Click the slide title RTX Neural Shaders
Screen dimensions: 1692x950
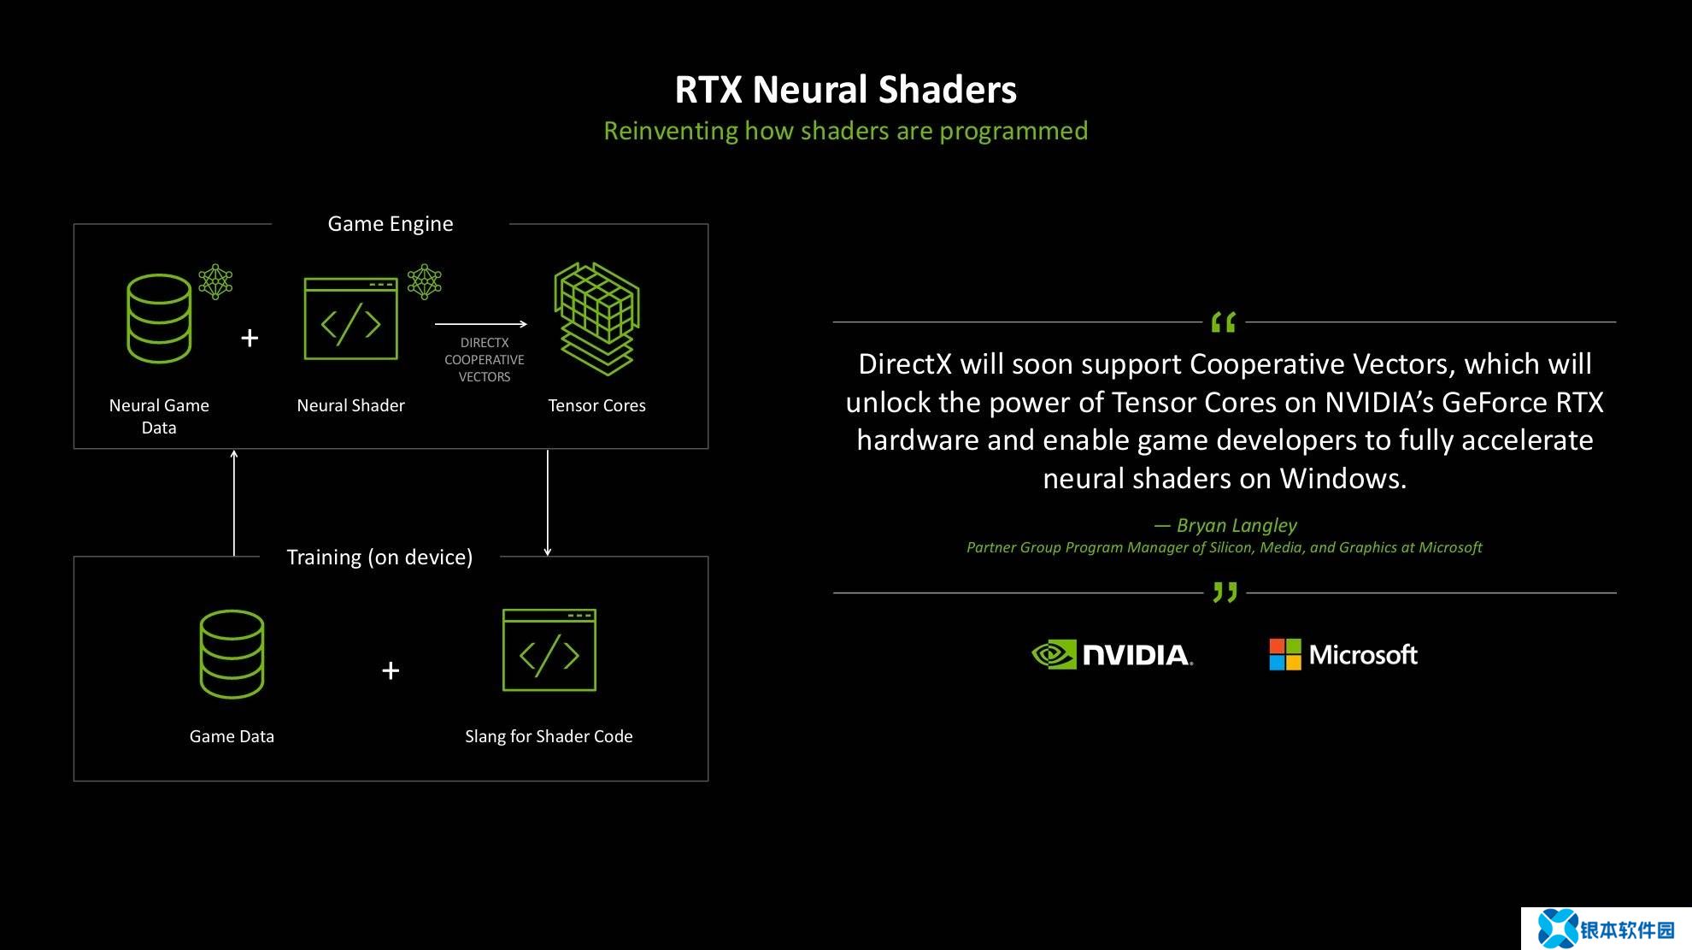click(x=846, y=90)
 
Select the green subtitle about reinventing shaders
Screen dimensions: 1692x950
click(x=846, y=131)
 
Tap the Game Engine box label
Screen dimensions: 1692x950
click(x=391, y=224)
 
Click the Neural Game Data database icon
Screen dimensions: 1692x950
click(x=159, y=318)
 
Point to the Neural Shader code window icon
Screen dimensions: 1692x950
click(x=350, y=319)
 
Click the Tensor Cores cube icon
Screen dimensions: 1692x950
click(x=596, y=318)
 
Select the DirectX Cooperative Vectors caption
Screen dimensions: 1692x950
click(x=485, y=360)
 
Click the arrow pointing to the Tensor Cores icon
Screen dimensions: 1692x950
click(x=481, y=324)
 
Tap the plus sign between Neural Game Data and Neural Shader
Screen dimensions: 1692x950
click(x=250, y=339)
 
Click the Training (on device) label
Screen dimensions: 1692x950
click(x=379, y=558)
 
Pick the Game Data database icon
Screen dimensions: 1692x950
click(x=232, y=654)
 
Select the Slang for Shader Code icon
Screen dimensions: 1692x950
click(x=549, y=650)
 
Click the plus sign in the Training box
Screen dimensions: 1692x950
click(x=391, y=670)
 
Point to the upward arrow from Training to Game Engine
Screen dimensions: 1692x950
click(x=234, y=503)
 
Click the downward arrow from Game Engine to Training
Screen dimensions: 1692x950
click(x=548, y=503)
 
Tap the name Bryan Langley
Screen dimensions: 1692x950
click(x=1237, y=525)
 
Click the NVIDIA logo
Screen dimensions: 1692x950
click(x=1113, y=655)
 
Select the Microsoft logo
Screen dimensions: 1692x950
click(x=1343, y=655)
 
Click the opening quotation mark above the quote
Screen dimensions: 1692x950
click(x=1224, y=322)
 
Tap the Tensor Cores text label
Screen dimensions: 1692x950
click(x=596, y=405)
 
